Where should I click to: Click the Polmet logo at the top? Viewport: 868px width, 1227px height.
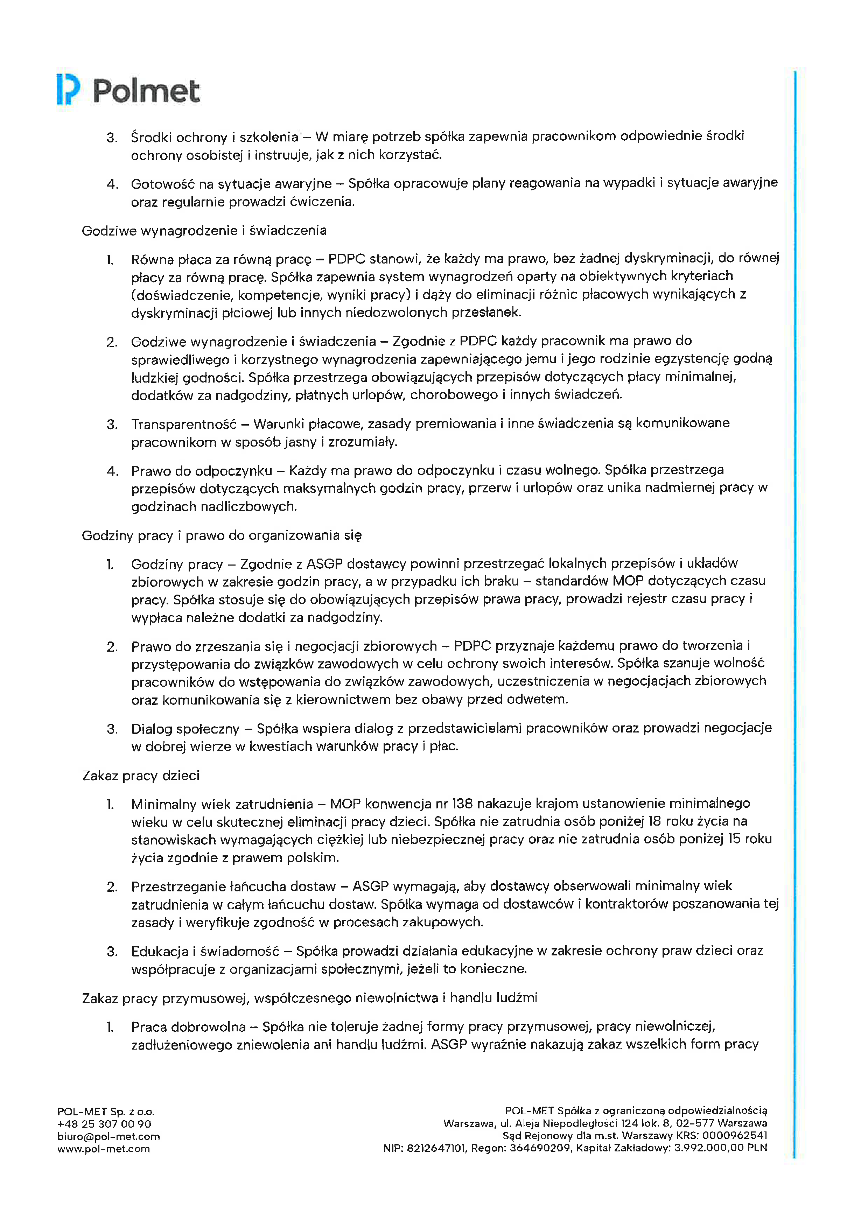pos(128,90)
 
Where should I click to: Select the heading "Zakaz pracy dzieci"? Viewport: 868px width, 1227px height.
pos(141,776)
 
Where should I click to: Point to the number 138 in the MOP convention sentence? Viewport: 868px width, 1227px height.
pos(462,804)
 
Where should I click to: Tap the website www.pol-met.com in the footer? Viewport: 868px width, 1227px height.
pos(104,1149)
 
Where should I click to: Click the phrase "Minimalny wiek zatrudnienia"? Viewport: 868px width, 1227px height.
pos(222,804)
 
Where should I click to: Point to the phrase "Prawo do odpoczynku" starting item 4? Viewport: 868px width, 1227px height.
pos(202,471)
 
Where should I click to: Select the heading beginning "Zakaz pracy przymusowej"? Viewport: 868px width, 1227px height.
pos(309,998)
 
